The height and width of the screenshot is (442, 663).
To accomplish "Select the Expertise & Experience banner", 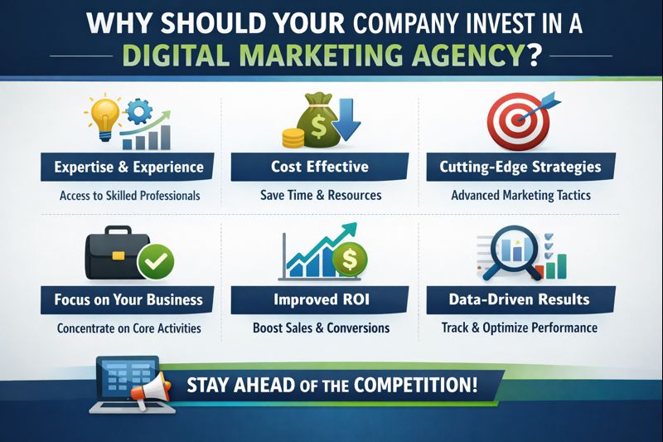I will [128, 168].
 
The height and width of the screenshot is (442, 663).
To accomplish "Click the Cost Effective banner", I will [320, 168].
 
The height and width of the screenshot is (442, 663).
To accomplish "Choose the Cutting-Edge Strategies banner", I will [520, 168].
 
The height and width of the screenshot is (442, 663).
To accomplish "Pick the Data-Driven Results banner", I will [520, 299].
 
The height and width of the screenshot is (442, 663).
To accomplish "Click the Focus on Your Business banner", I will [128, 299].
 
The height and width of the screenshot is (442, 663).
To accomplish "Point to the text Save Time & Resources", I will [320, 196].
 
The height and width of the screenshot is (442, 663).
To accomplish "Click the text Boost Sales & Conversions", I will [321, 328].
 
